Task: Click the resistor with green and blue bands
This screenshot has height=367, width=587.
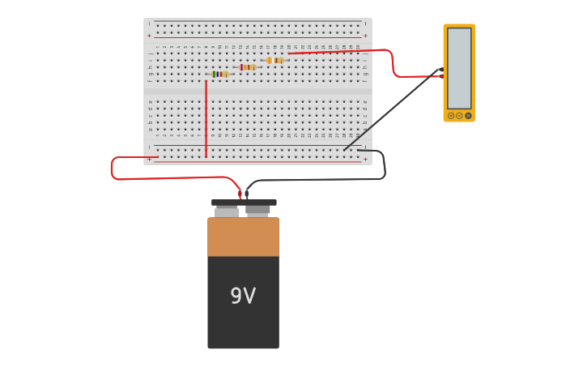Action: click(x=219, y=74)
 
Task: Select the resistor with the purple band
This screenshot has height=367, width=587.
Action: click(x=247, y=67)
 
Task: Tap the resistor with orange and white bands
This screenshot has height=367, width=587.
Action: click(x=275, y=60)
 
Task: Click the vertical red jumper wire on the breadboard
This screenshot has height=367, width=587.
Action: click(x=206, y=117)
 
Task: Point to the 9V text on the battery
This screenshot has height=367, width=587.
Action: click(x=243, y=297)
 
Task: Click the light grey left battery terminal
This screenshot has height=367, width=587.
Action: click(x=227, y=211)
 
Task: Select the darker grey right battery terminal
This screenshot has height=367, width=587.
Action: click(x=257, y=211)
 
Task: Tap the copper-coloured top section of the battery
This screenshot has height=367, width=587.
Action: click(x=243, y=237)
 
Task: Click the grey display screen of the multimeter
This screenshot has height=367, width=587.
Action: click(x=459, y=68)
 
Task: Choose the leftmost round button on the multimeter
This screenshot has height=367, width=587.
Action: click(x=451, y=116)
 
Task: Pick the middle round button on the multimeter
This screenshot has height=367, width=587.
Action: click(x=459, y=116)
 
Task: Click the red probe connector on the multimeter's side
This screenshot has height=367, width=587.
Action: click(x=442, y=76)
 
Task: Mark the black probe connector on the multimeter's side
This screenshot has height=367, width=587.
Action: click(x=441, y=69)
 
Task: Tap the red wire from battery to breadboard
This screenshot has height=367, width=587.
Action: click(x=162, y=177)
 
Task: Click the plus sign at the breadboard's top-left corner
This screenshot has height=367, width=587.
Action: click(x=149, y=36)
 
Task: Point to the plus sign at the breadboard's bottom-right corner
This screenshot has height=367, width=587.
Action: click(x=365, y=160)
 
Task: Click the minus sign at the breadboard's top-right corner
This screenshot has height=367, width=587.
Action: click(x=365, y=23)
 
